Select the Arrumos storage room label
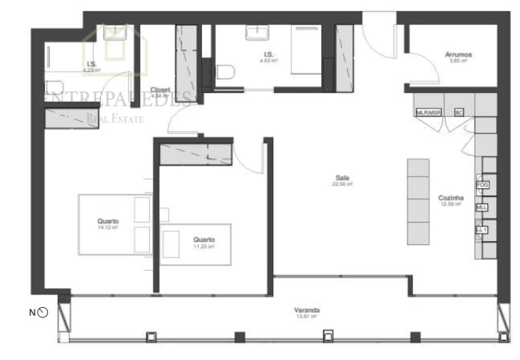point(458,55)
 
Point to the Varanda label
point(306,310)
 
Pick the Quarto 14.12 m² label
point(108,221)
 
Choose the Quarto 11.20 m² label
point(204,239)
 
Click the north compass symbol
point(43,312)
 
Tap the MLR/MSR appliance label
point(428,112)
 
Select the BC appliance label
point(459,112)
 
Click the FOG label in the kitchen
point(483,185)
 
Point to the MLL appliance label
point(482,208)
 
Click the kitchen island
point(419,201)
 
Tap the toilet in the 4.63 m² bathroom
point(225,73)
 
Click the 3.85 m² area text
point(458,61)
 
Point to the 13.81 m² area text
point(306,316)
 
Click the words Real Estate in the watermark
point(115,119)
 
